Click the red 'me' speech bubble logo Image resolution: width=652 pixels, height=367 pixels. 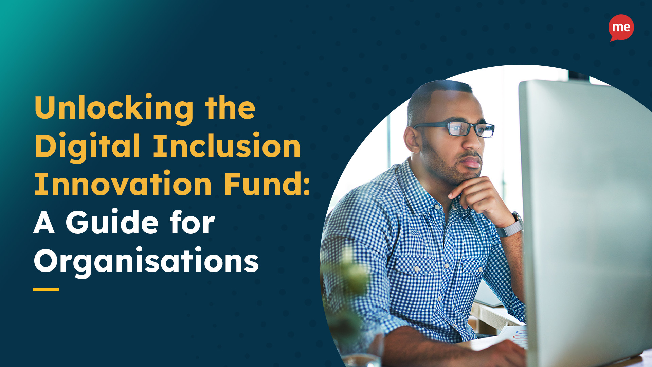[x=621, y=27]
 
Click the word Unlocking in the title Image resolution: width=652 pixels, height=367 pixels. [x=114, y=108]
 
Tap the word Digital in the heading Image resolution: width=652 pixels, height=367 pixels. [x=87, y=146]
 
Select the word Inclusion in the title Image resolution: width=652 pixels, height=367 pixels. [x=227, y=146]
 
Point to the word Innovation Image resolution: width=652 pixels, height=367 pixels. [x=123, y=184]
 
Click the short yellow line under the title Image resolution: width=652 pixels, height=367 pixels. [x=46, y=289]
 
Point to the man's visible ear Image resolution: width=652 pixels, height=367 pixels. [x=412, y=139]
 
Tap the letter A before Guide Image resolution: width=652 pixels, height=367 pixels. [x=44, y=223]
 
